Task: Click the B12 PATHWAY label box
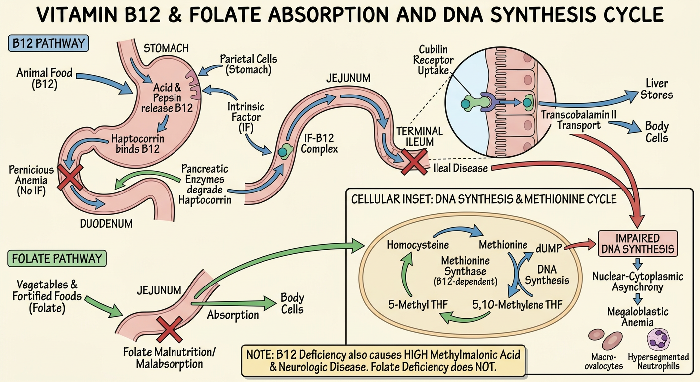click(x=48, y=43)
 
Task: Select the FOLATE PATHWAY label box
click(x=57, y=258)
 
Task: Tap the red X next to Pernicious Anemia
click(x=70, y=177)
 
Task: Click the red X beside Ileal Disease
click(x=414, y=162)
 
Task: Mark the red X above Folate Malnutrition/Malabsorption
click(x=170, y=329)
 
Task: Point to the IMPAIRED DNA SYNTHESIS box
click(x=637, y=244)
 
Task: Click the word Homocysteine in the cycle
click(x=418, y=245)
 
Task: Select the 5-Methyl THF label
click(x=418, y=304)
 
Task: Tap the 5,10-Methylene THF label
click(x=518, y=304)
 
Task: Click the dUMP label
click(x=549, y=248)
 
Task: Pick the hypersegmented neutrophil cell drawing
click(x=658, y=339)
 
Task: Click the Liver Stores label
click(x=657, y=89)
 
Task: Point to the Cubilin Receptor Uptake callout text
click(x=433, y=60)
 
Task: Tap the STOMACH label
click(x=166, y=48)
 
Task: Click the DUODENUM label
click(x=106, y=224)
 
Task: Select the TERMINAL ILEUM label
click(x=420, y=136)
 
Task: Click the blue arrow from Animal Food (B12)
click(x=105, y=83)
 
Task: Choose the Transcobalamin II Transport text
click(x=579, y=120)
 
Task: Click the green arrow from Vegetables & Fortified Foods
click(x=104, y=306)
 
